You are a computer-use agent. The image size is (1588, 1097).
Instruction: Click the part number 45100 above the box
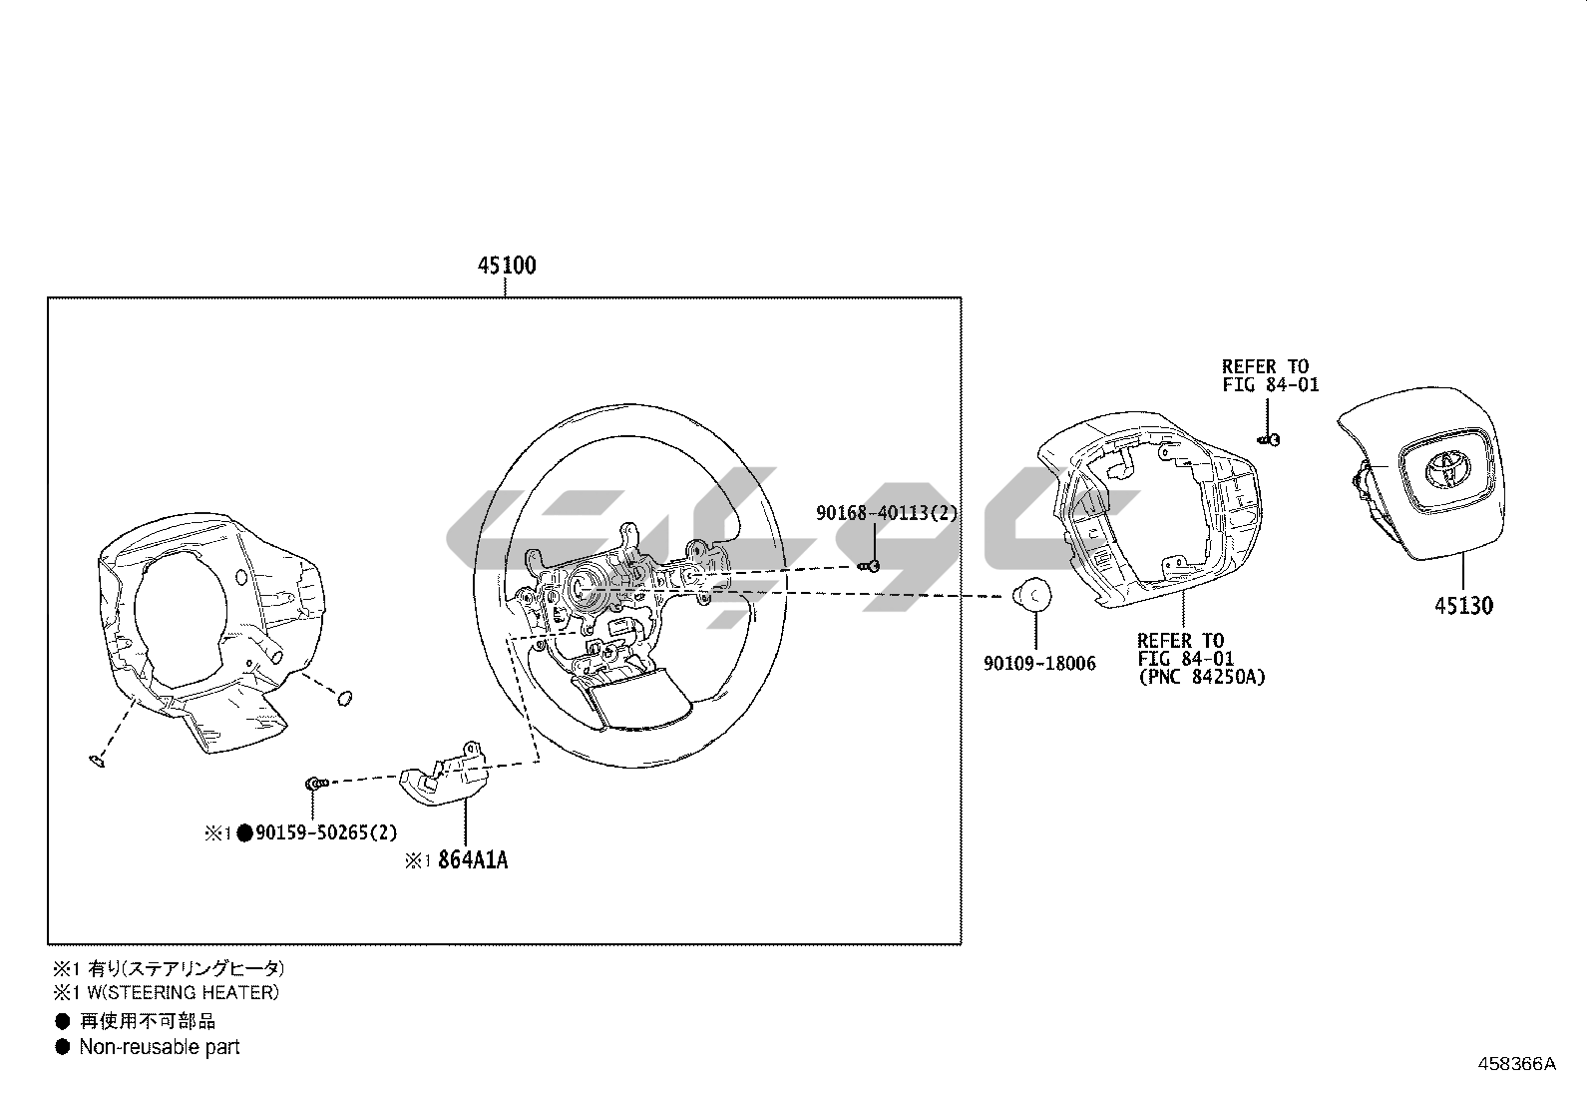point(507,266)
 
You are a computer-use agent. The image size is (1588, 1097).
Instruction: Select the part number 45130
point(1464,605)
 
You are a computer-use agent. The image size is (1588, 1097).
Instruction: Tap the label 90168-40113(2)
point(887,513)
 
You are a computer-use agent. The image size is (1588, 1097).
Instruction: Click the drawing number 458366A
point(1516,1063)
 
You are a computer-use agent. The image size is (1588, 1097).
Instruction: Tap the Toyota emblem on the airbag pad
point(1446,466)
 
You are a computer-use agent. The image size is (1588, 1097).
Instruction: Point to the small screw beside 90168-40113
point(869,566)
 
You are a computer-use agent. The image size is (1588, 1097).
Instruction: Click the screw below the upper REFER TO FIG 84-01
point(1268,438)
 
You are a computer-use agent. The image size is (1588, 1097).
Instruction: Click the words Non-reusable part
point(160,1047)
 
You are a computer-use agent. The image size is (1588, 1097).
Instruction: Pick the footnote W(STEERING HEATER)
point(178,992)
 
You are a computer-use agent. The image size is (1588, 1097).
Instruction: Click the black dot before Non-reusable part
point(63,1047)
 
